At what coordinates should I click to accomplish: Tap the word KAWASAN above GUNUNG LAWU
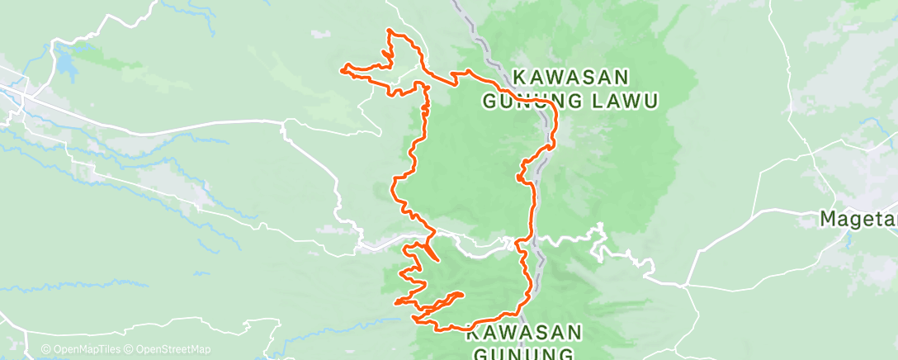click(x=571, y=77)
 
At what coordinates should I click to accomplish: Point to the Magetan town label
click(x=858, y=219)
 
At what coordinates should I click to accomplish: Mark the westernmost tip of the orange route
click(x=342, y=69)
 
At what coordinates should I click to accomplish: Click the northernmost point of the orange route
click(x=390, y=31)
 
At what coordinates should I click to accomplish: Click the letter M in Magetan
click(x=828, y=219)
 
